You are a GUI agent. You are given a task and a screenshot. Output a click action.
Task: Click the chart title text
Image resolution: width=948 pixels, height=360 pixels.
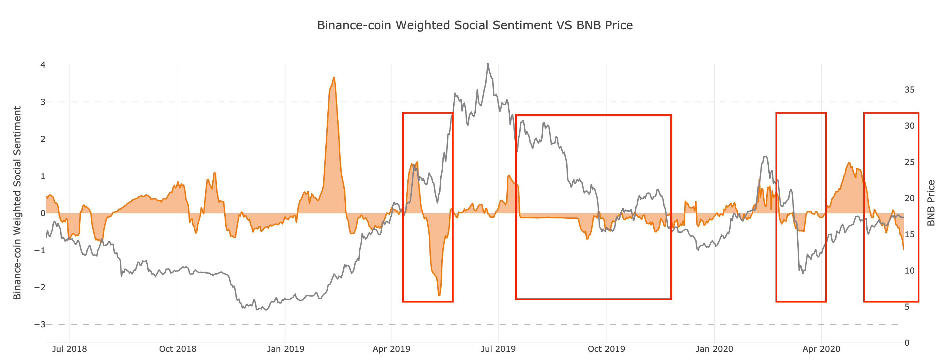(475, 26)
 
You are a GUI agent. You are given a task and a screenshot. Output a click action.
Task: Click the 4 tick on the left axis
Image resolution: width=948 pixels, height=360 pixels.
(43, 65)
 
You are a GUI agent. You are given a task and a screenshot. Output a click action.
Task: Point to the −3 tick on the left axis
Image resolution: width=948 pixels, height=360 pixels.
(40, 325)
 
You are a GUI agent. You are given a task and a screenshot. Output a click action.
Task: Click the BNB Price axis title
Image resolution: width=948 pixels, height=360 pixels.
(931, 203)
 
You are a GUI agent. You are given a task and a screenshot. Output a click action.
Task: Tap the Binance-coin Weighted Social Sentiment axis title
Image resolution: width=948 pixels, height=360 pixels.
(17, 203)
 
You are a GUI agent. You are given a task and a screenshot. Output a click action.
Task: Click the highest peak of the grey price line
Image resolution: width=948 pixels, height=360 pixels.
(488, 64)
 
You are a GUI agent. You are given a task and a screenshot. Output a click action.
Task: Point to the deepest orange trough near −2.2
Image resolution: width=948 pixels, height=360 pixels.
(439, 296)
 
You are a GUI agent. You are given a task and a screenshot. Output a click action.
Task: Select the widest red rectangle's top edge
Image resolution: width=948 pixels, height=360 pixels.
(593, 115)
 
